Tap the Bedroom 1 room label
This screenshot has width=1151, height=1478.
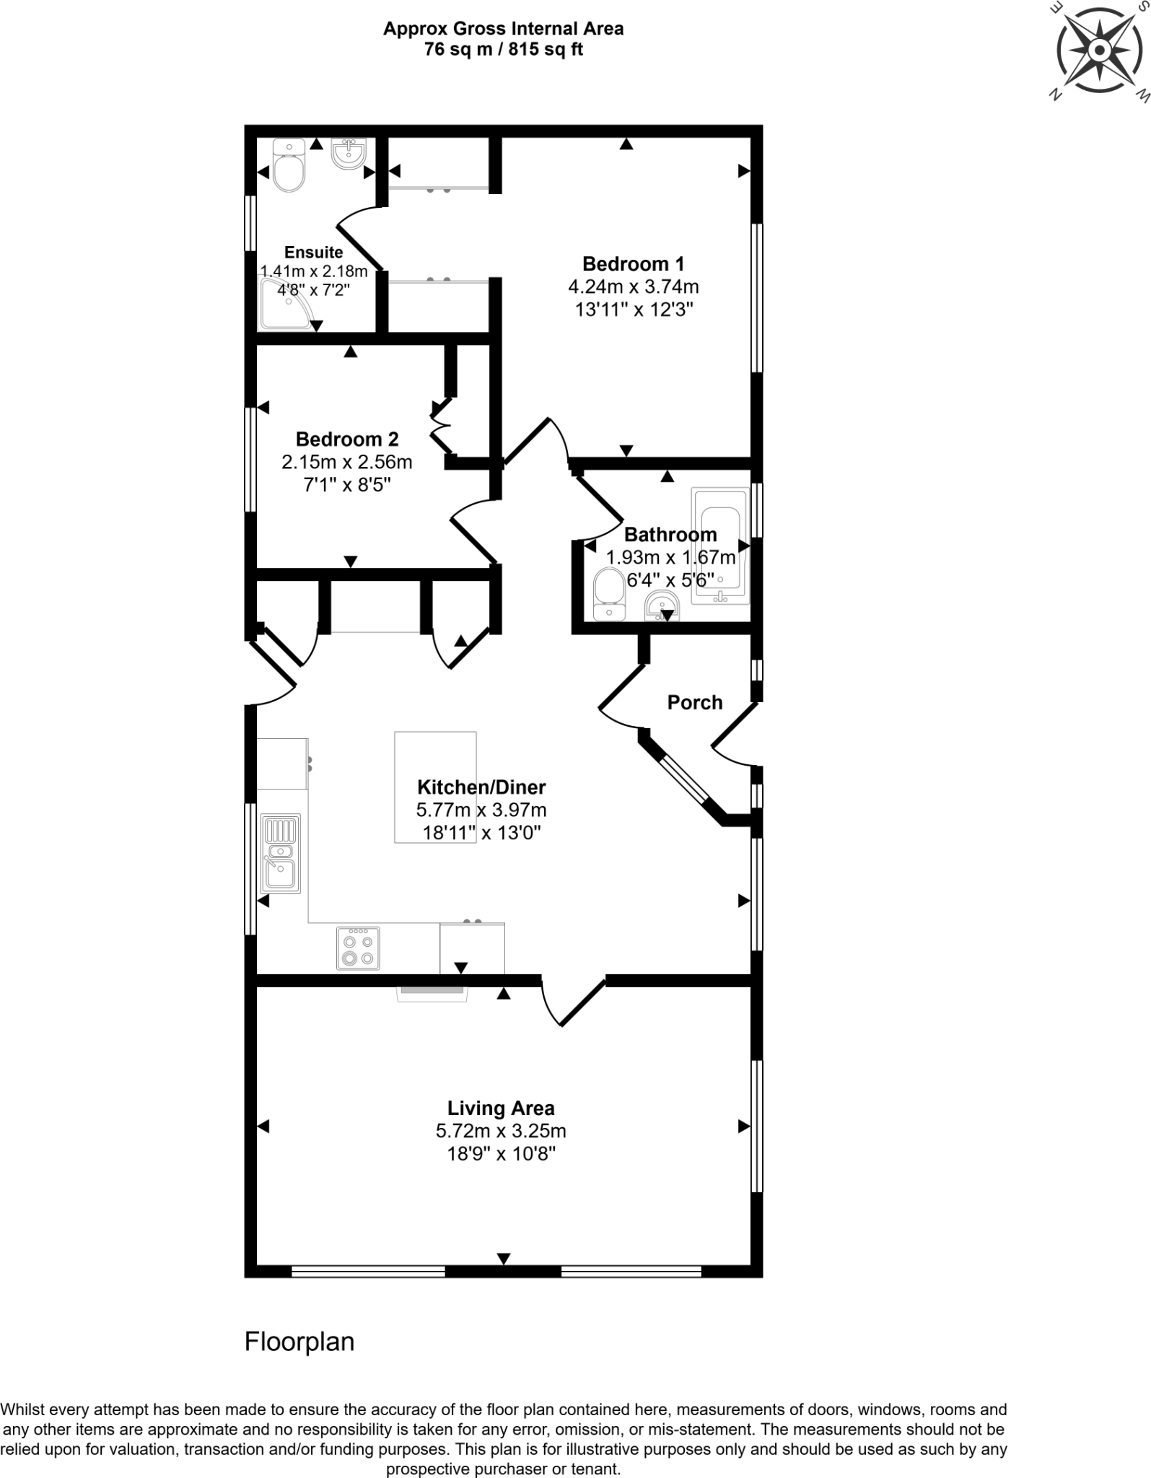(x=633, y=263)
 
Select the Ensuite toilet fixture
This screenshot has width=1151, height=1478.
(x=289, y=167)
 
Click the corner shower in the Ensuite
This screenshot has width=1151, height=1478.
(x=286, y=306)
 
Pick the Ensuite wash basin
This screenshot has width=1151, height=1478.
(x=349, y=154)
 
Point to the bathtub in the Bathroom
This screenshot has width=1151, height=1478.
(x=720, y=546)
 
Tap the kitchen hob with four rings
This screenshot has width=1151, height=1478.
(x=358, y=948)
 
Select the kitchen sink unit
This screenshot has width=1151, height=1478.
(x=281, y=854)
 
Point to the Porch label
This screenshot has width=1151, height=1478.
(x=694, y=702)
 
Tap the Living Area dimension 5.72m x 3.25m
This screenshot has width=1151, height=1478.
(x=500, y=1131)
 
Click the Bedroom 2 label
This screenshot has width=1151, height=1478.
(x=346, y=439)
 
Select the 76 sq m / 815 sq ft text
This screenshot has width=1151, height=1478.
(x=503, y=49)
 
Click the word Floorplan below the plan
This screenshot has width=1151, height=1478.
(x=299, y=1342)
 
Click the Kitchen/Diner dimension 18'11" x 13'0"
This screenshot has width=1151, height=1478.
(x=481, y=833)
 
